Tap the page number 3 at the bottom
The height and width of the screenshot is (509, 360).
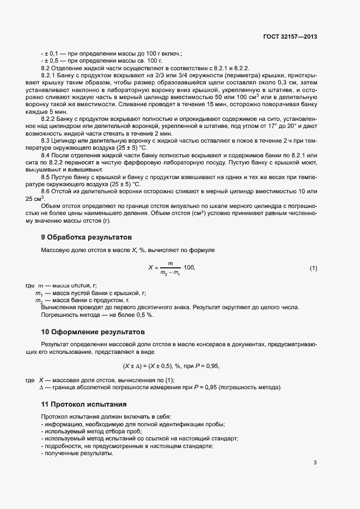pos(315,463)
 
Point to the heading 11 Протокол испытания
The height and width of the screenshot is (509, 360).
pos(84,404)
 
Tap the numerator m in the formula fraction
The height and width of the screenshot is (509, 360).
pos(170,263)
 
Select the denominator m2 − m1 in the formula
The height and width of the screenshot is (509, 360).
pos(170,273)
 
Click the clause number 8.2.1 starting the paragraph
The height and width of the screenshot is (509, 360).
pos(48,75)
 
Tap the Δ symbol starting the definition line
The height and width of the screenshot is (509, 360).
pos(41,387)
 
